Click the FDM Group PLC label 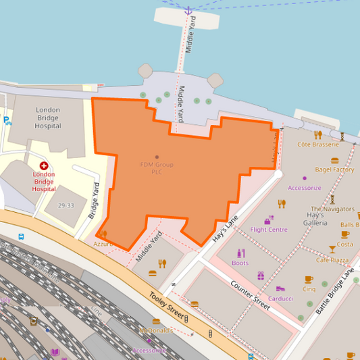coord(157,168)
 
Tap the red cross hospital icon coord(44,165)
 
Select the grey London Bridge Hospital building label coord(48,118)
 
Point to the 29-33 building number coord(66,205)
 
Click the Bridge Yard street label coord(94,201)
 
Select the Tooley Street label coord(166,305)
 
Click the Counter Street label coord(251,294)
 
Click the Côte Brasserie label coord(318,145)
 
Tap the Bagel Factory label coord(334,170)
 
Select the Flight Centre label coord(269,230)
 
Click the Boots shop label coord(240,263)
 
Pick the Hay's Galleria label coord(315,219)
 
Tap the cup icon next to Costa coord(345,234)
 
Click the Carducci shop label coord(280,298)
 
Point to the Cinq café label coord(309,289)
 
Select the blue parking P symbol coord(6,121)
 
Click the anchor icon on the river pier coord(188,11)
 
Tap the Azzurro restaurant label coord(103,243)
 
